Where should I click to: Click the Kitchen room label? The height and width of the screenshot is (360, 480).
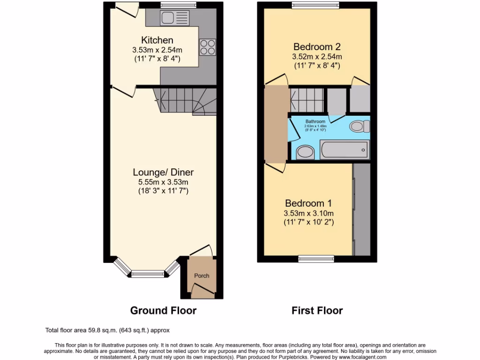(x=157, y=40)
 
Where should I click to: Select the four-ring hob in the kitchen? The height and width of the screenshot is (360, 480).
(x=208, y=46)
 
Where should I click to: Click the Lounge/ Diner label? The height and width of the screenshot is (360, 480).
(x=163, y=172)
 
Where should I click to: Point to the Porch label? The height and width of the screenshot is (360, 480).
(x=202, y=276)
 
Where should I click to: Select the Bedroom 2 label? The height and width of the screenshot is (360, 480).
(x=316, y=47)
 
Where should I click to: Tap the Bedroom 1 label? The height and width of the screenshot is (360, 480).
(x=308, y=203)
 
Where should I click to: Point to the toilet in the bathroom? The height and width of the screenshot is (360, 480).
(x=360, y=127)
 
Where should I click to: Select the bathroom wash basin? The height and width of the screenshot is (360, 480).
(x=305, y=151)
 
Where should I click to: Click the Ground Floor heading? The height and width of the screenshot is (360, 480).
(x=163, y=310)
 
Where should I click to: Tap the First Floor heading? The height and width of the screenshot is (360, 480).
(x=317, y=310)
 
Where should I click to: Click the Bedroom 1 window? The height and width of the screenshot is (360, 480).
(x=316, y=258)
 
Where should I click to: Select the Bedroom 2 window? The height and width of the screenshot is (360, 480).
(x=315, y=6)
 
